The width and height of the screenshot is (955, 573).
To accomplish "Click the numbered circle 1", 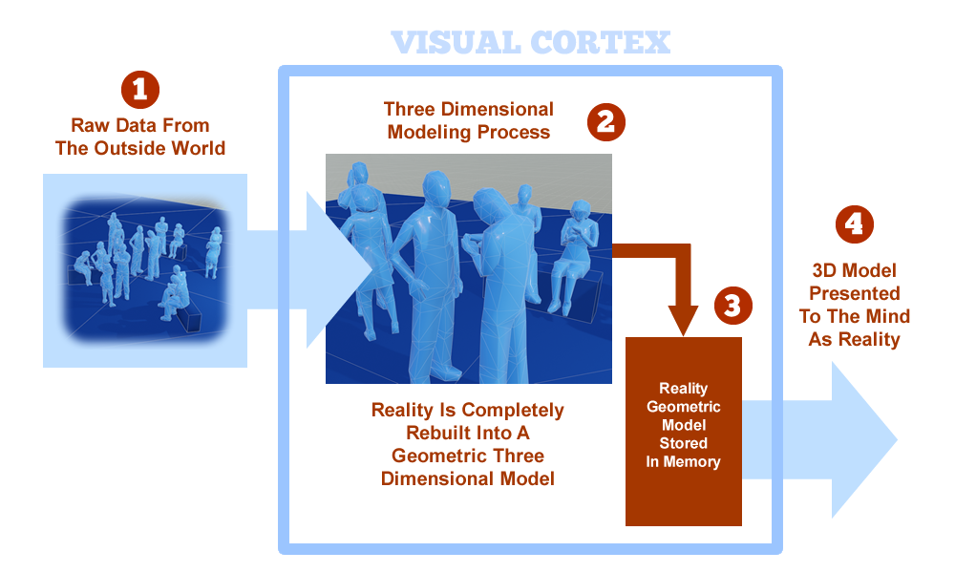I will pos(139,90).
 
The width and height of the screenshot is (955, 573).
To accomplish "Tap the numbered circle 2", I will pos(605,121).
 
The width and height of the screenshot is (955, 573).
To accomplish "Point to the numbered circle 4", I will pos(855,223).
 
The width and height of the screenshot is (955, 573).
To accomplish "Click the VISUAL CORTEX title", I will pos(530,42).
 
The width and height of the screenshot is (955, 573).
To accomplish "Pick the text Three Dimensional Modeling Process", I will pos(468,120).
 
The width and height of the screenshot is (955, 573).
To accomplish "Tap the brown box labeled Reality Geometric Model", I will pos(684,430).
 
